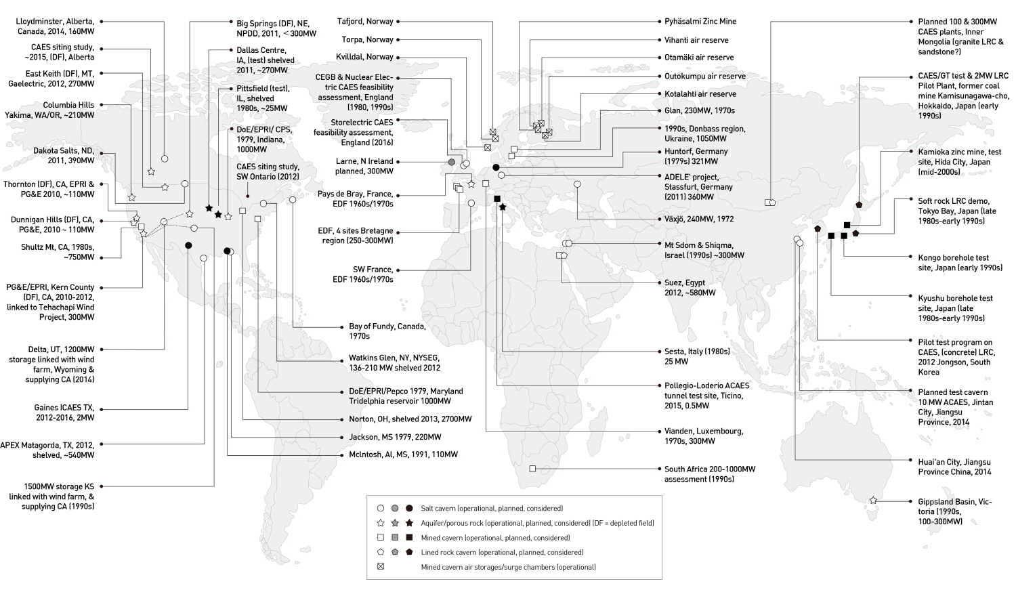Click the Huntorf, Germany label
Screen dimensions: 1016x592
pyautogui.click(x=696, y=156)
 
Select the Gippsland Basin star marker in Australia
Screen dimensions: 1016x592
pyautogui.click(x=873, y=501)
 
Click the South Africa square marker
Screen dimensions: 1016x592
pyautogui.click(x=532, y=468)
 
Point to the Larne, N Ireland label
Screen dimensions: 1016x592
pyautogui.click(x=364, y=166)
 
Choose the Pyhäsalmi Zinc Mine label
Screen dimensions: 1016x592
pyautogui.click(x=700, y=21)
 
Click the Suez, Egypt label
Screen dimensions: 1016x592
pyautogui.click(x=690, y=288)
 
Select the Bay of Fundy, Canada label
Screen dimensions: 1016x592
pyautogui.click(x=387, y=331)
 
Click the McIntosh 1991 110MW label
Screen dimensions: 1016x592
pyautogui.click(x=403, y=454)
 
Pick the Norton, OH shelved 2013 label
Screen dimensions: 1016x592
pyautogui.click(x=410, y=419)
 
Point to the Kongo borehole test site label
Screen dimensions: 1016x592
pyautogui.click(x=960, y=263)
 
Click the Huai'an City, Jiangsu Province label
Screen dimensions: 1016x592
pyautogui.click(x=954, y=467)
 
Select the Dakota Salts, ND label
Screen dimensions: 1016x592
pyautogui.click(x=64, y=156)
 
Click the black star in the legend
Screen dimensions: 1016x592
pyautogui.click(x=409, y=523)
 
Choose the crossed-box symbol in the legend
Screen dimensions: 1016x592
pyautogui.click(x=381, y=566)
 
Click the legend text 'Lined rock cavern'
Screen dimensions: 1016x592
pyautogui.click(x=448, y=552)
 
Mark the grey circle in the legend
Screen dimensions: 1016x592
pyautogui.click(x=395, y=508)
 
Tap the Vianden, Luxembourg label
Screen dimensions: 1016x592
pyautogui.click(x=704, y=436)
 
